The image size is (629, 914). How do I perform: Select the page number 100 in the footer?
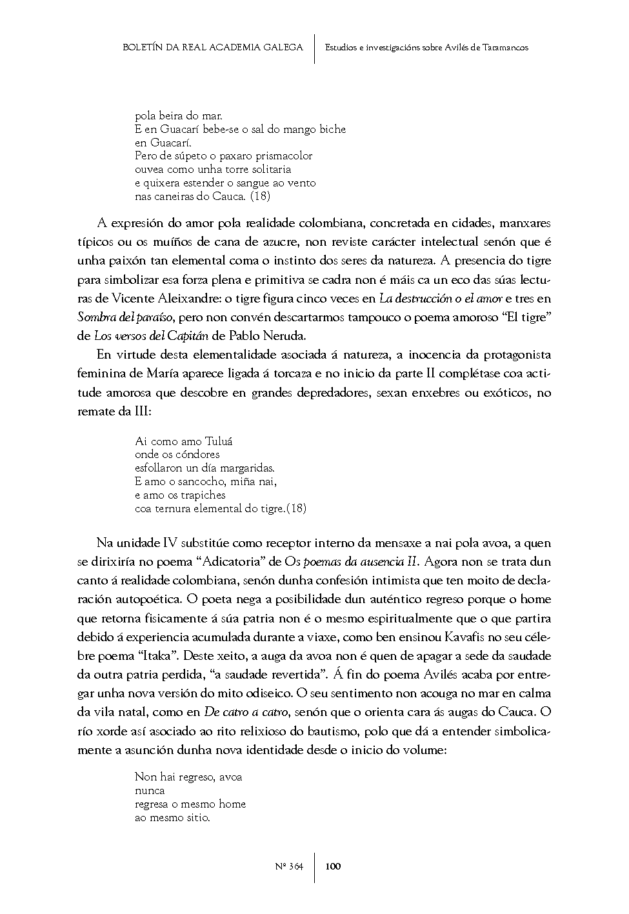pos(333,866)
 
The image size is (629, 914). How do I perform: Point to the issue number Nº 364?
pos(288,866)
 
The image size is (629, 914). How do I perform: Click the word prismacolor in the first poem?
pos(283,155)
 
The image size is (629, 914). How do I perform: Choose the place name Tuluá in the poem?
pos(219,441)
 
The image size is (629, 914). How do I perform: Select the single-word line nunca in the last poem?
pos(150,790)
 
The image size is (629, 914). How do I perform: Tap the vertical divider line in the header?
pos(314,48)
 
